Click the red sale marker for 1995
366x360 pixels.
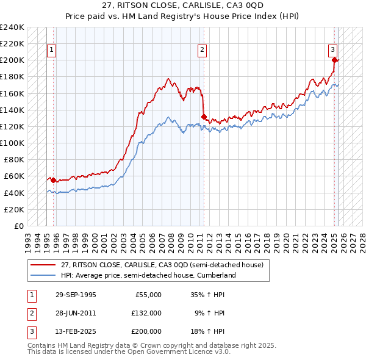[53, 180]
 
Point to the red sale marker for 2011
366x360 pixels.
[204, 117]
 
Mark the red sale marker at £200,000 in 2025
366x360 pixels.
[335, 60]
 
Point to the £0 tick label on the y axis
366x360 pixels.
[19, 226]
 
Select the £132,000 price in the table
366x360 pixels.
[146, 313]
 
